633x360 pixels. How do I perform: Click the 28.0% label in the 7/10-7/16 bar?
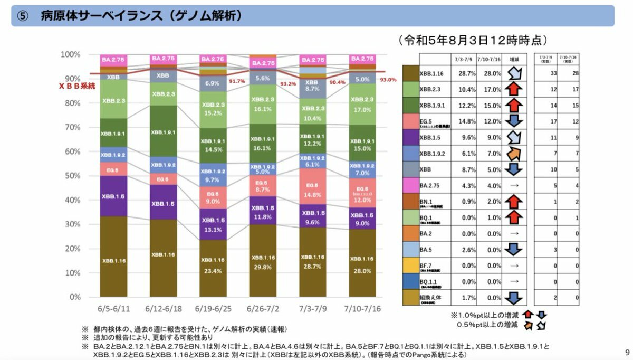362,271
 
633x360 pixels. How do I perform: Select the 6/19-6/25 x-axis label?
214,307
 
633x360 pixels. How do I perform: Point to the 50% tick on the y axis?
70,176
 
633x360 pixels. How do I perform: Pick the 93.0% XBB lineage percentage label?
388,80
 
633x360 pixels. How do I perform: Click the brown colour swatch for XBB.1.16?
410,73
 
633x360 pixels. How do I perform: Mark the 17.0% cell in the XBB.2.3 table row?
486,90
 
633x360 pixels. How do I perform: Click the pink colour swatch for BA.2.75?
410,185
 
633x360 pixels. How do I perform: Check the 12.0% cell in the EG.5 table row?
486,121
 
